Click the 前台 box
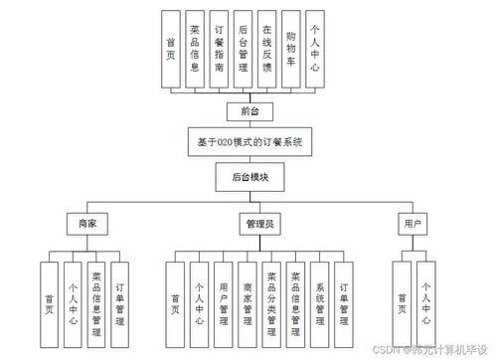248,110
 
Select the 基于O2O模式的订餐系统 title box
249,143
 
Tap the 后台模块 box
249,178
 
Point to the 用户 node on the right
413,224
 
